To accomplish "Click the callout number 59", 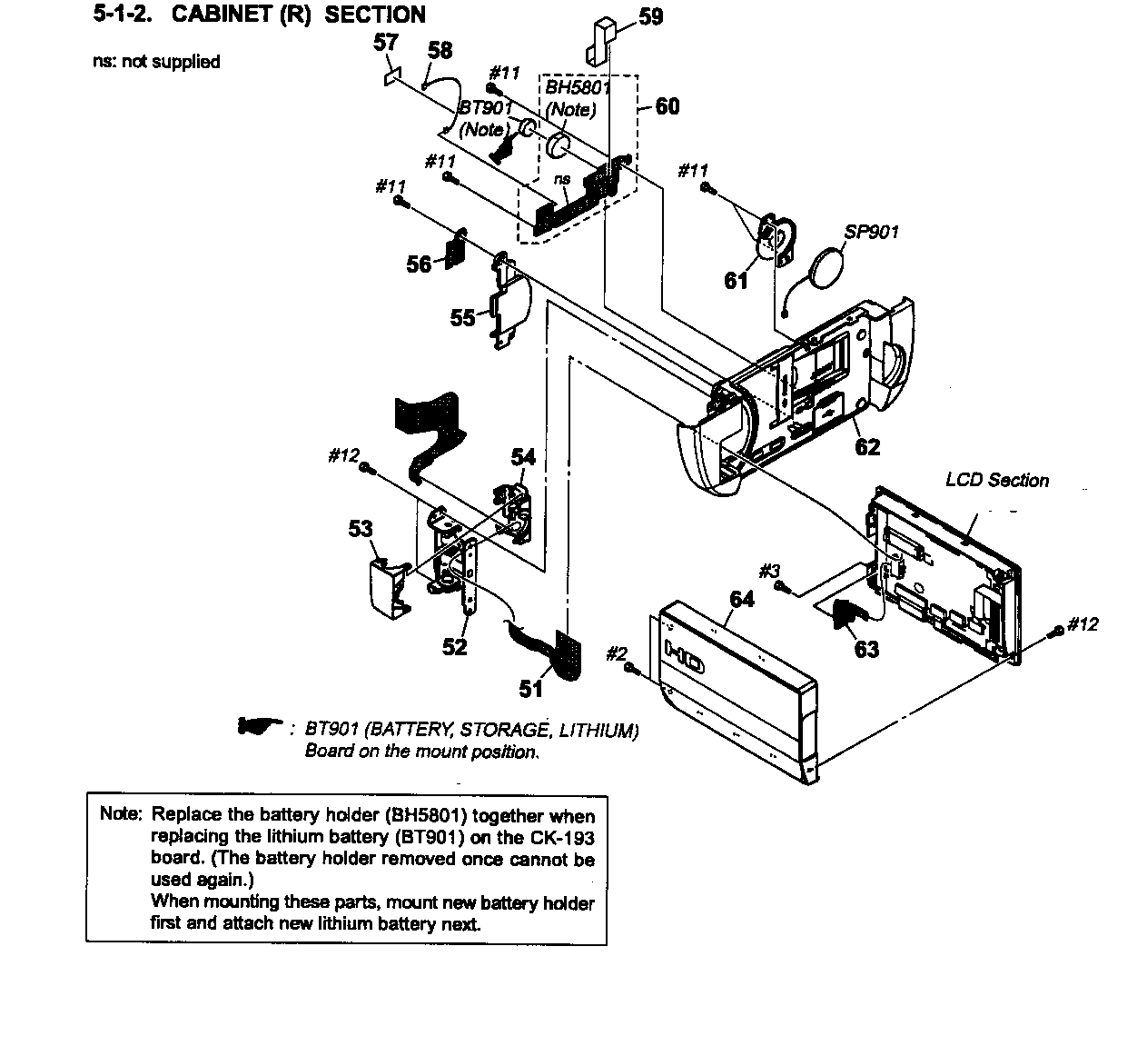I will point(650,16).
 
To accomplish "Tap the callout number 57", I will point(386,41).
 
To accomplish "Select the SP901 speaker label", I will point(871,232).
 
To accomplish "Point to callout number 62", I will point(867,446).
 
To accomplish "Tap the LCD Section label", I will point(996,480).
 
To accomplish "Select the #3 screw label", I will point(769,570).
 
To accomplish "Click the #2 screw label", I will point(616,653).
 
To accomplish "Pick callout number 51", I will point(531,689).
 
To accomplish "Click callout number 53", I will point(361,528).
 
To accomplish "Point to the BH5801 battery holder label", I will point(577,88).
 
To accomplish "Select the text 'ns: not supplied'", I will point(156,62).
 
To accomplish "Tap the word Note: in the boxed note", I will point(121,813).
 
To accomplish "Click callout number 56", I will point(419,264).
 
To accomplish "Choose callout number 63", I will point(866,649).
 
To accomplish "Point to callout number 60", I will point(667,106).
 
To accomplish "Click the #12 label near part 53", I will point(343,455).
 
